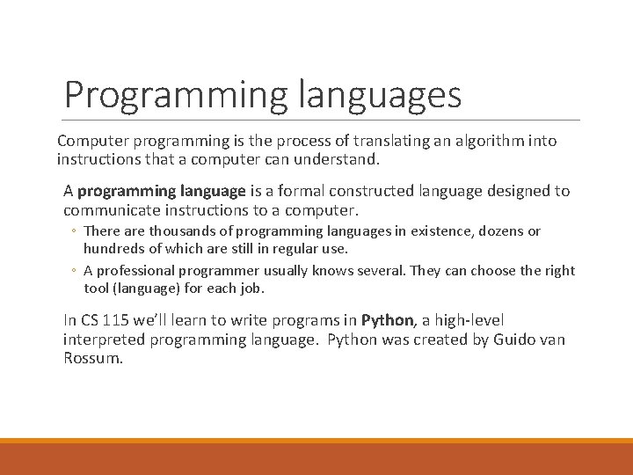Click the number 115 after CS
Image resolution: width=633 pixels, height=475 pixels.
pos(118,320)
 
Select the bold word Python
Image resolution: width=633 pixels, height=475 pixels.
pos(387,320)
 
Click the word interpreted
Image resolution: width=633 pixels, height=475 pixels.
pos(104,340)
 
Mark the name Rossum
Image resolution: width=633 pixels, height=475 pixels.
pos(91,359)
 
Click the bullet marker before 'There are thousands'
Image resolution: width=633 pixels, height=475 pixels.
pos(75,232)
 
